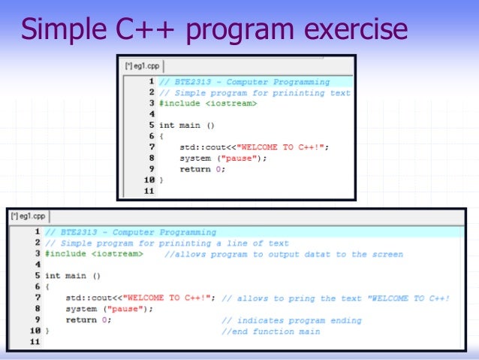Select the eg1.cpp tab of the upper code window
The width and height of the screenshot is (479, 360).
[x=142, y=66]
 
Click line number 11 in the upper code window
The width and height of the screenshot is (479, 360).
[x=148, y=191]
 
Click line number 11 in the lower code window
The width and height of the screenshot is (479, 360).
[x=34, y=342]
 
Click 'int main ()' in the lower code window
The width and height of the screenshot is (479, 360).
[x=72, y=276]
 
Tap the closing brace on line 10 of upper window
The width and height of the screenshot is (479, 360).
[x=161, y=180]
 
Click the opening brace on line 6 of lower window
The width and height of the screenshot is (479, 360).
[x=47, y=287]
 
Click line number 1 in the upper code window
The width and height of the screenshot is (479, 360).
[x=151, y=82]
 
